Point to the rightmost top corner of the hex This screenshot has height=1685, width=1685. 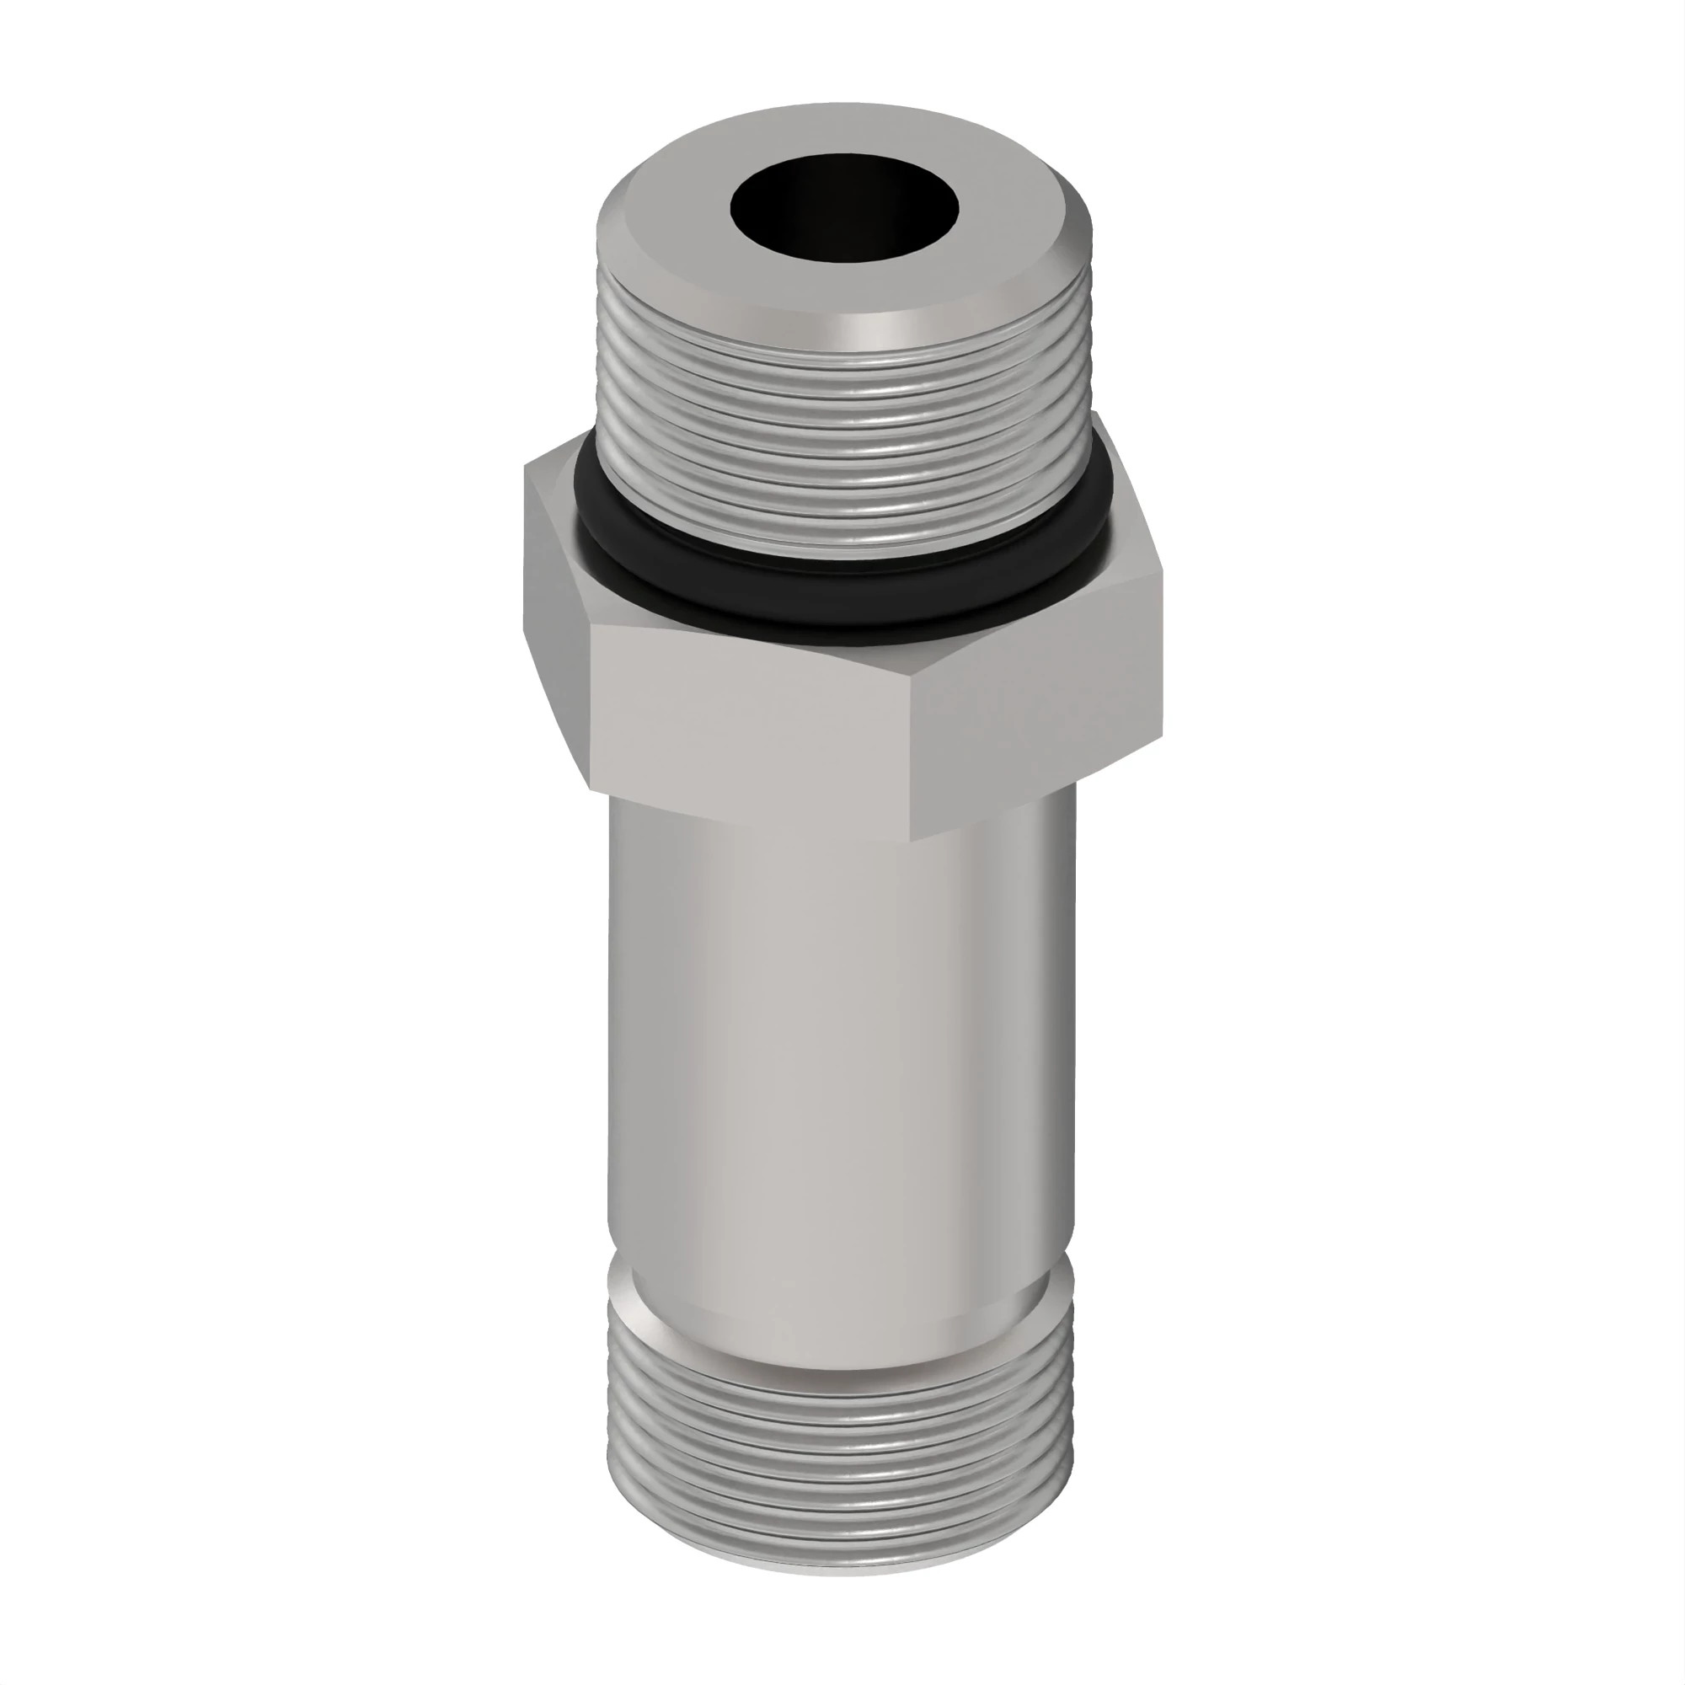coord(1161,567)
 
